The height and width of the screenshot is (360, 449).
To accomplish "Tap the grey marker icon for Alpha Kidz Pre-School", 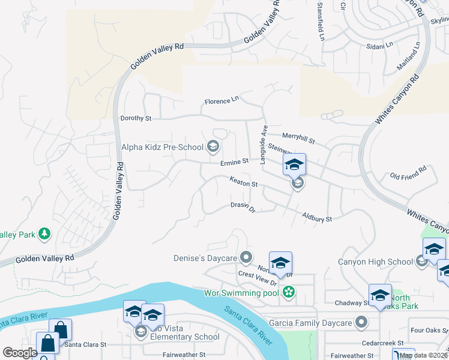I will click(212, 146).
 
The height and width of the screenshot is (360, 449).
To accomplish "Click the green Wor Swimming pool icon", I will click(289, 293).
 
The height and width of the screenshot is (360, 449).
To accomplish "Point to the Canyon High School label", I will click(376, 261).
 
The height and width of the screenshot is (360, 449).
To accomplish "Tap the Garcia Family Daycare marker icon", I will click(361, 323).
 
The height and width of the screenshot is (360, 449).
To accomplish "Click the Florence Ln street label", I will click(221, 101).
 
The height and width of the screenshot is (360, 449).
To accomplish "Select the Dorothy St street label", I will click(136, 118).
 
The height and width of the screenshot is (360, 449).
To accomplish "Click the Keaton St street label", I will click(243, 181).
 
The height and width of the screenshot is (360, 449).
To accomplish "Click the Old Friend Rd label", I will click(408, 173).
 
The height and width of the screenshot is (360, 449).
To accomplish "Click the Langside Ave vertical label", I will click(263, 145).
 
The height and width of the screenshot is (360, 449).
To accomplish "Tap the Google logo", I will click(19, 353).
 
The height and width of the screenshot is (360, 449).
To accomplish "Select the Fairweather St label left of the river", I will click(184, 355).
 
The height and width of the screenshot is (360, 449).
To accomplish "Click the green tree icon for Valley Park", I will click(44, 233).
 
